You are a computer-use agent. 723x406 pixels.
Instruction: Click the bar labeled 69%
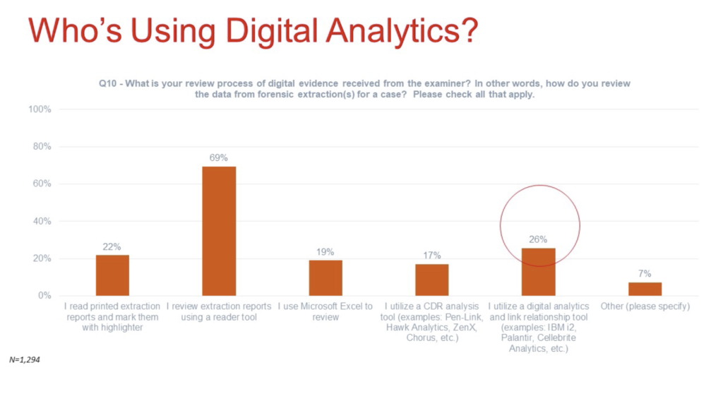click(219, 231)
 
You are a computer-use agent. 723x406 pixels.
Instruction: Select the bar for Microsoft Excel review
click(325, 277)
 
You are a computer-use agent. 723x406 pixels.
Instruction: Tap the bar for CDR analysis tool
click(432, 280)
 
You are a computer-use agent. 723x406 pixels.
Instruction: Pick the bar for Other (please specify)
click(645, 289)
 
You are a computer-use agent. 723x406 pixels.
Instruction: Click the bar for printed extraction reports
click(112, 275)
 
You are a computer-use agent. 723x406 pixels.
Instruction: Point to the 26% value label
click(538, 239)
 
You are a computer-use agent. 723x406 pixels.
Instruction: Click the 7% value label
click(645, 273)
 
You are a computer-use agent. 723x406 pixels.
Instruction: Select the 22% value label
click(112, 247)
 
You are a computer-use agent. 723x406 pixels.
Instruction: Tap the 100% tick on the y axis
click(40, 109)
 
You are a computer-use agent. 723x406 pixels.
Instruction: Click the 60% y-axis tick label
click(42, 184)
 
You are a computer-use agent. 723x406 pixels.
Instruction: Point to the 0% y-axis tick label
click(44, 295)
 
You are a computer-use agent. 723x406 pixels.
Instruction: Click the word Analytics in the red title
click(402, 31)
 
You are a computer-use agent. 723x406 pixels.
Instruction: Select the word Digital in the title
click(271, 31)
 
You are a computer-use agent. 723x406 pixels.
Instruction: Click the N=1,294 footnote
click(25, 359)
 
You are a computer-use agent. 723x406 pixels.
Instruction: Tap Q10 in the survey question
click(107, 83)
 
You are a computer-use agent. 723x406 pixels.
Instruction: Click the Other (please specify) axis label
click(645, 306)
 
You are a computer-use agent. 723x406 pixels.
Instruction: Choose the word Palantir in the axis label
click(517, 338)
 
